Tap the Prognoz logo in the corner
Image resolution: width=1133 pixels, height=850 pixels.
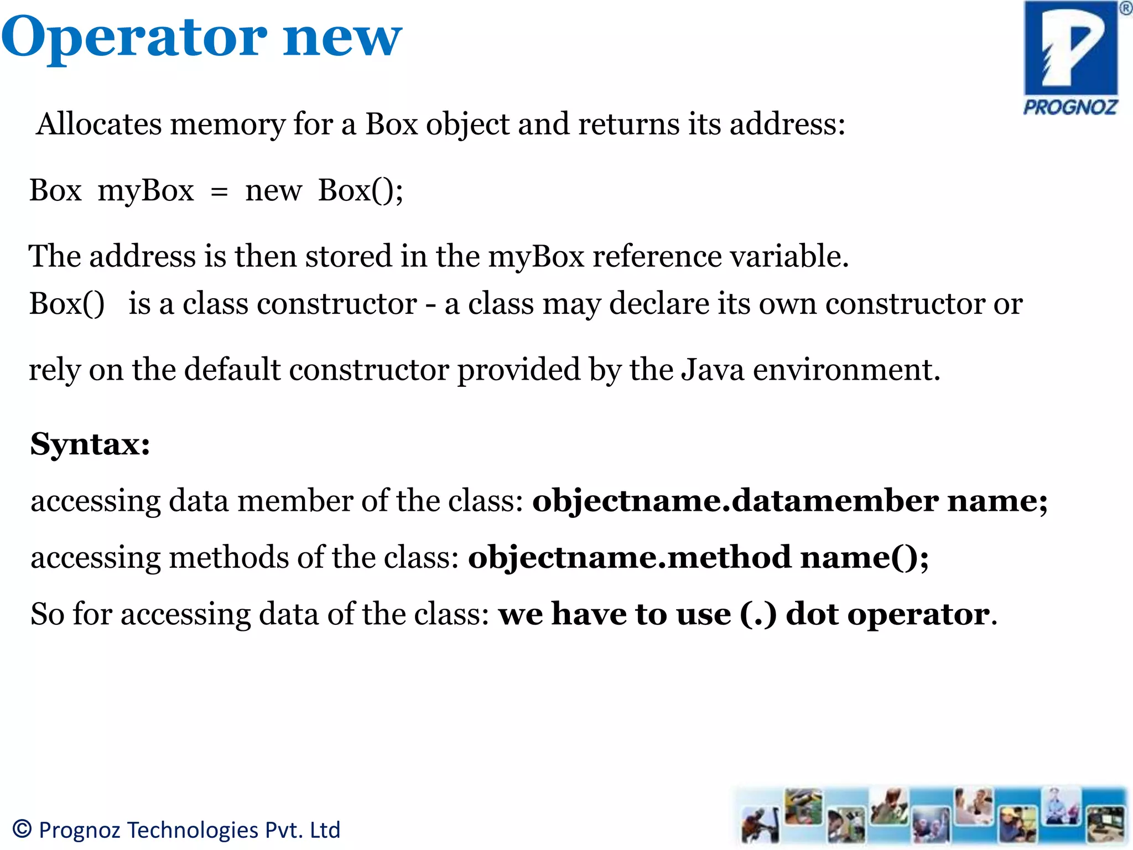point(1070,58)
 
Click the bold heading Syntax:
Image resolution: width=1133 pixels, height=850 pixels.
point(90,444)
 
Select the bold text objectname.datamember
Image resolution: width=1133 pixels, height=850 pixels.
point(735,501)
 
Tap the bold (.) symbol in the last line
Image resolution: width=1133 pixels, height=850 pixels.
point(758,614)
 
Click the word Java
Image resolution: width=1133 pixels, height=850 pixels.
point(713,369)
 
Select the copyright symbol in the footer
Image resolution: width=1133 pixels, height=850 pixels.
point(22,829)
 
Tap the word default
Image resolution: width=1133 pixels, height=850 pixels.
point(232,369)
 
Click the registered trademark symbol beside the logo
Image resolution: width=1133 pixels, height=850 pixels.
point(1125,8)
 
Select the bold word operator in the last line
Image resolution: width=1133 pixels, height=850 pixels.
point(918,614)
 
